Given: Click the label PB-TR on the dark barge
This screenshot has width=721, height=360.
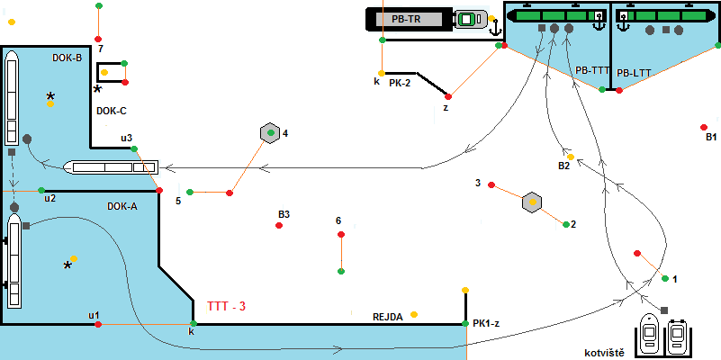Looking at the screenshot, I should pyautogui.click(x=404, y=18).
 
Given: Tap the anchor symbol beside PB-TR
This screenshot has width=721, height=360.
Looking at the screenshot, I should pyautogui.click(x=494, y=29).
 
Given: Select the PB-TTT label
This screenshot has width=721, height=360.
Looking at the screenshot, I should pyautogui.click(x=592, y=69).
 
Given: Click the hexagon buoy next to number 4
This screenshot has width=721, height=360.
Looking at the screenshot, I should pyautogui.click(x=268, y=133).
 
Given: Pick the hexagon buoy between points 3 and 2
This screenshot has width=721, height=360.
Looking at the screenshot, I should pyautogui.click(x=532, y=202).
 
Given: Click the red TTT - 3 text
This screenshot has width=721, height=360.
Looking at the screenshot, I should pyautogui.click(x=226, y=306).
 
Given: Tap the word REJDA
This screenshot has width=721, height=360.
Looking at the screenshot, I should pyautogui.click(x=387, y=317).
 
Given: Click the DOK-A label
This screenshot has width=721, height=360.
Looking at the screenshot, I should pyautogui.click(x=122, y=206).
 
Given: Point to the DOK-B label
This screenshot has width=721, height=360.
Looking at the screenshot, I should pyautogui.click(x=68, y=58).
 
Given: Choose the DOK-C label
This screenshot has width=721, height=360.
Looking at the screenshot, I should pyautogui.click(x=111, y=112).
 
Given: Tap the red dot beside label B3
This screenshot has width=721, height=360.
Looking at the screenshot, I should pyautogui.click(x=280, y=225).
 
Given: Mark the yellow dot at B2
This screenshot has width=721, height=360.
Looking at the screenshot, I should pyautogui.click(x=571, y=157).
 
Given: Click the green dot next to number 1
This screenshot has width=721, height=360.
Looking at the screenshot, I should pyautogui.click(x=665, y=279).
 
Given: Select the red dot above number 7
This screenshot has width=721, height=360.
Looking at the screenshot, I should pyautogui.click(x=99, y=38).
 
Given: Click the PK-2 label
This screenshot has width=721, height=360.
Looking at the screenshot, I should pyautogui.click(x=400, y=82).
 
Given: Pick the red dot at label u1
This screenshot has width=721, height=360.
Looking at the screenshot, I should pyautogui.click(x=97, y=324).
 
